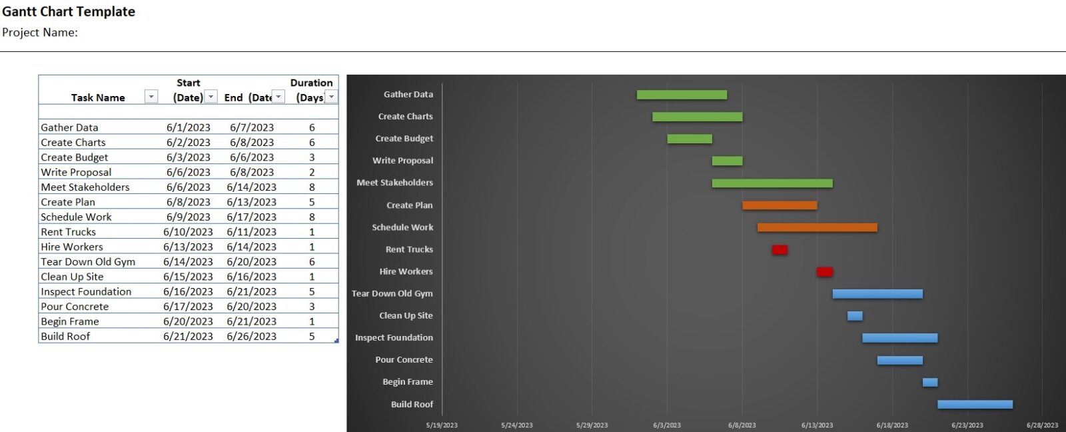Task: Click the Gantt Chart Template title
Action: (x=69, y=11)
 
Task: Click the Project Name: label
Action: (x=40, y=32)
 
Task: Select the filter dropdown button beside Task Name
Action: (x=151, y=97)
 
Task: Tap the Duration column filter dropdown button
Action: (x=331, y=97)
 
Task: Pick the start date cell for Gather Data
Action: (x=188, y=127)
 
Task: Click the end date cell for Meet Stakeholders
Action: (x=251, y=187)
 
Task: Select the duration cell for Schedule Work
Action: (x=312, y=217)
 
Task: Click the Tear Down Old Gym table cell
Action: (x=88, y=262)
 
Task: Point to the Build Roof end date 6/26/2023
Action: (x=251, y=337)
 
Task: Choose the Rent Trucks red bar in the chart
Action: (x=780, y=250)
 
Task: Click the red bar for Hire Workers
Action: (x=825, y=272)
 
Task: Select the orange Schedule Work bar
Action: (x=817, y=227)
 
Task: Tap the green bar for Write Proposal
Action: (x=727, y=161)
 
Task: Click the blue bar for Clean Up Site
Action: (x=855, y=316)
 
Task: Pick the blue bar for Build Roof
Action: (x=975, y=405)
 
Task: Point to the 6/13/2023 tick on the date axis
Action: (x=817, y=425)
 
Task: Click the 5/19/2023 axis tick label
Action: (x=442, y=425)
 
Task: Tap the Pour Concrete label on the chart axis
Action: (x=404, y=360)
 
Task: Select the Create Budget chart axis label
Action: (x=404, y=139)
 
